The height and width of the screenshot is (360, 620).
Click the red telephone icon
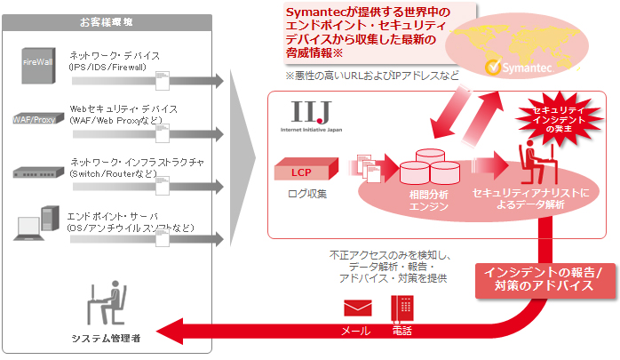[402, 308]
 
